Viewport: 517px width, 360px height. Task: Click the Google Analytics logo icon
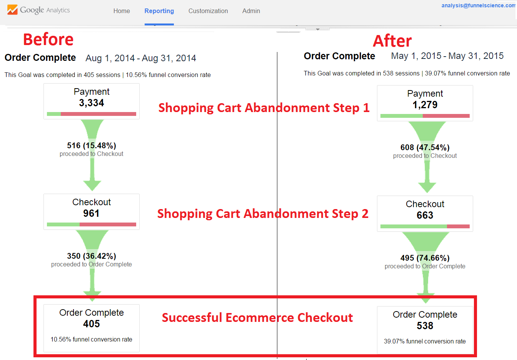click(x=12, y=10)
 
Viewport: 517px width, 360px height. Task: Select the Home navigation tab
click(x=122, y=11)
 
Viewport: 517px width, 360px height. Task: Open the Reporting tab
click(x=159, y=11)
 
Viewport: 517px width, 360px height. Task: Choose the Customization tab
click(x=208, y=11)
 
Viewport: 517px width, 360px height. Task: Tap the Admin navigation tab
click(x=251, y=11)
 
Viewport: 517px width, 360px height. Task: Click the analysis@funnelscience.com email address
click(x=479, y=5)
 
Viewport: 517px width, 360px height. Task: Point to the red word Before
click(x=48, y=40)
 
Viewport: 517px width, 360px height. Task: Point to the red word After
click(x=392, y=41)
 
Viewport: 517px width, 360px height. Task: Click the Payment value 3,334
click(x=92, y=103)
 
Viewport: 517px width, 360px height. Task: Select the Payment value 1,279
click(x=425, y=105)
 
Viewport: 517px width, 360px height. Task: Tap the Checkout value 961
click(x=92, y=213)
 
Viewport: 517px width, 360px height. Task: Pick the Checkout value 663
click(x=425, y=215)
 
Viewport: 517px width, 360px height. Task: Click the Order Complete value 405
click(x=92, y=324)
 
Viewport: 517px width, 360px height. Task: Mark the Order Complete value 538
click(x=425, y=326)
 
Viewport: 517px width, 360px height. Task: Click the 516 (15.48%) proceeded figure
click(x=92, y=146)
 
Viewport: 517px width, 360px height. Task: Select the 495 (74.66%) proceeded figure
click(x=425, y=258)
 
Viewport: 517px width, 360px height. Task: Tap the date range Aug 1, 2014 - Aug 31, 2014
click(x=141, y=58)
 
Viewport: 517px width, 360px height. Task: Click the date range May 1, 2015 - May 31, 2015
click(x=447, y=56)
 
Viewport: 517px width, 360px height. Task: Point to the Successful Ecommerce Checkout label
click(x=257, y=318)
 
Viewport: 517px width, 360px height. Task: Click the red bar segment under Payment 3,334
click(x=98, y=114)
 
